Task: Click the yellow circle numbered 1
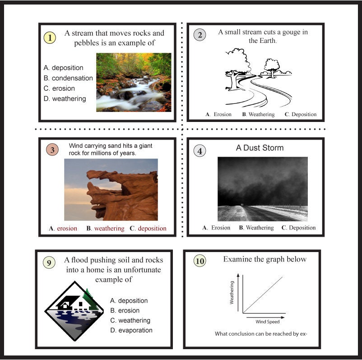(50, 37)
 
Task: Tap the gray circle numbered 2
(200, 35)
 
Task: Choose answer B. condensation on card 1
(68, 78)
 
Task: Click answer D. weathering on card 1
(65, 98)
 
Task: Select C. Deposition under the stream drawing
(301, 114)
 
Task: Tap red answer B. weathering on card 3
(105, 229)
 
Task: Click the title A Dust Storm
(260, 148)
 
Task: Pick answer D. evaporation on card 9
(131, 330)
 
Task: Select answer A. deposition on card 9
(129, 300)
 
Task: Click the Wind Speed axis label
(268, 322)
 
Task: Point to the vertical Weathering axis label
(232, 293)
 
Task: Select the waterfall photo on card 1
(134, 82)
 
